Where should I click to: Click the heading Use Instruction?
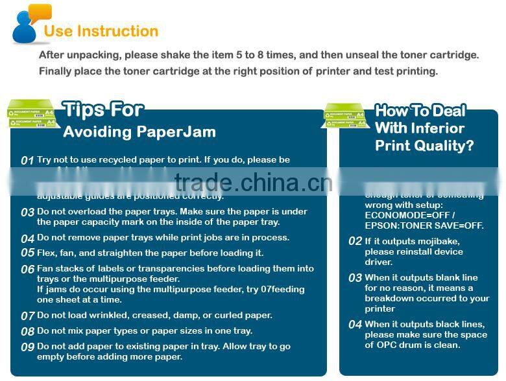coord(101,31)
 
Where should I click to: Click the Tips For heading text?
coord(103,110)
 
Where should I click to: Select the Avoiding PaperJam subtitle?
coord(139,132)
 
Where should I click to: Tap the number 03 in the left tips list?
coord(27,213)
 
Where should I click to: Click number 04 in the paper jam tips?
coord(27,238)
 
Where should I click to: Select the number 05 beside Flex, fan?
coord(27,253)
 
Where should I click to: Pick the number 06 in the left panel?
coord(27,270)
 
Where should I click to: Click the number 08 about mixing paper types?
coord(27,332)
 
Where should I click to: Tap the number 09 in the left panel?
coord(27,347)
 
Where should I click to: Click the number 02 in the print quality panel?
coord(355,241)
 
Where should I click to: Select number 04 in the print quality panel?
coord(355,325)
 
